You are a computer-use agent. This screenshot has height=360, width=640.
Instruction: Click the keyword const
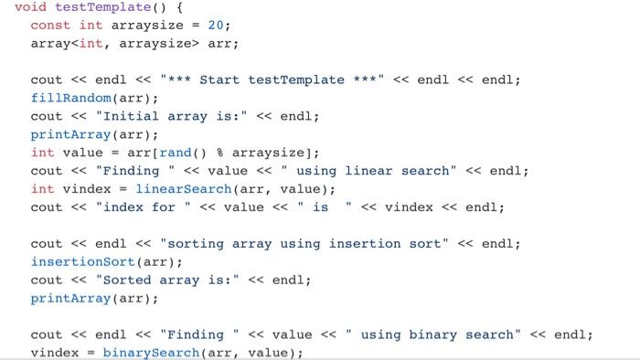(x=50, y=26)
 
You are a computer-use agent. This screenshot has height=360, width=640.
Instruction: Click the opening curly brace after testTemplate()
(x=163, y=7)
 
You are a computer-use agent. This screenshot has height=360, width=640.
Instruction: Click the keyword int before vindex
(x=42, y=189)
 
